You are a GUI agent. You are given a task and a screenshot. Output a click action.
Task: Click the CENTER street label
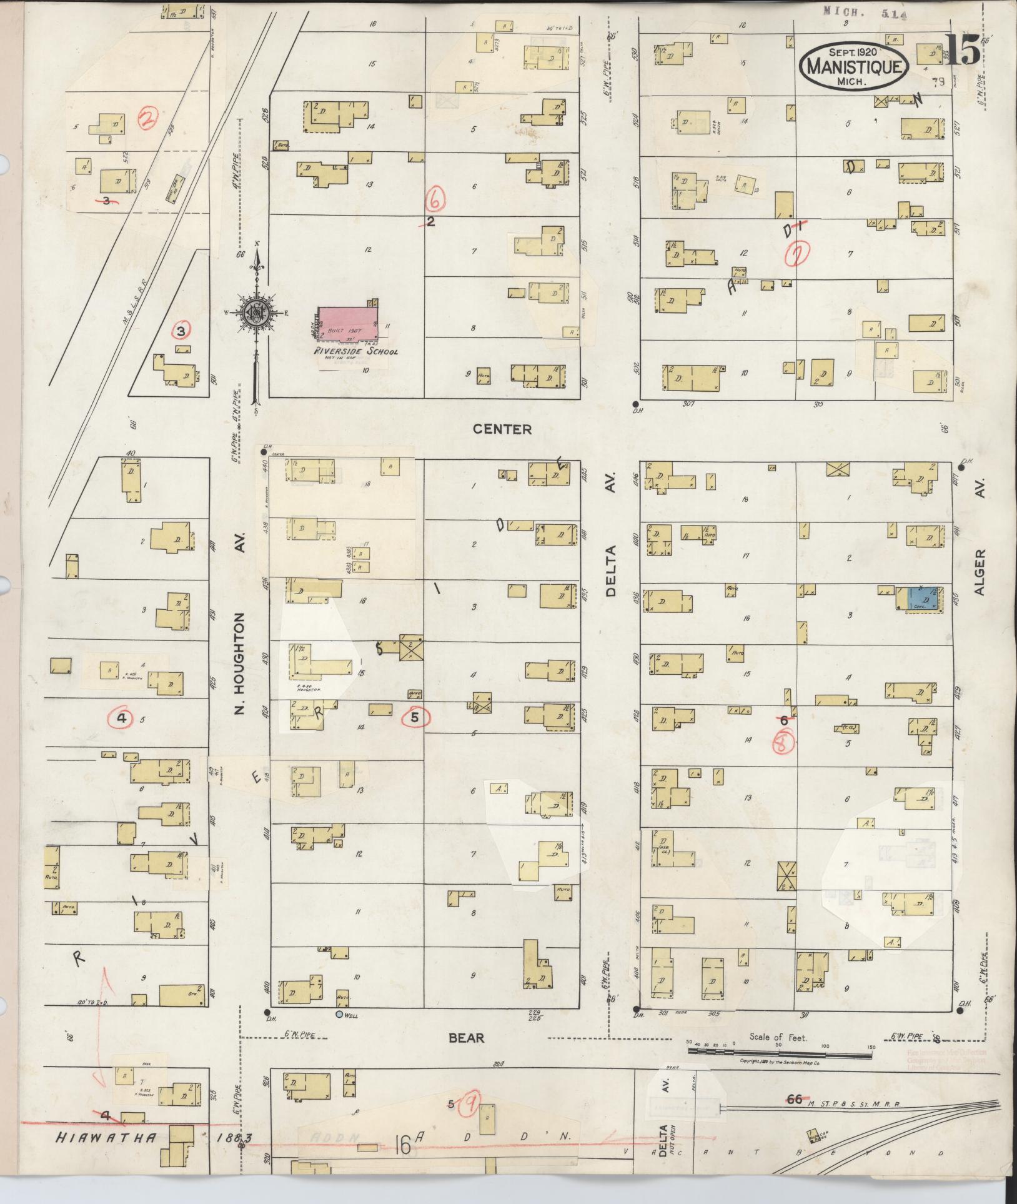click(x=511, y=429)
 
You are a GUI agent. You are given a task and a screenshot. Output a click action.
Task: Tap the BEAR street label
click(x=467, y=1038)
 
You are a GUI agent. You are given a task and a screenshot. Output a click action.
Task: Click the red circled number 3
click(x=181, y=330)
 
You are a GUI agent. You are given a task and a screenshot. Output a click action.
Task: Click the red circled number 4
click(x=122, y=719)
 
